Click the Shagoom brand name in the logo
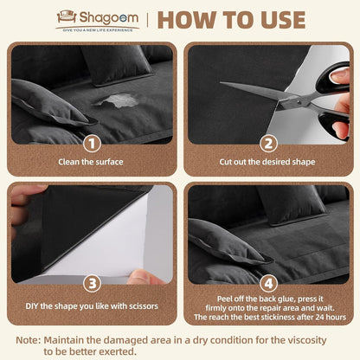click(107, 16)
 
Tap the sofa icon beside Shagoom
click(66, 16)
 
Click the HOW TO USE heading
click(231, 19)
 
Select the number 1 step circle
click(91, 144)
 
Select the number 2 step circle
click(269, 144)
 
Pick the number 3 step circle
click(91, 281)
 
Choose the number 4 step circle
click(269, 281)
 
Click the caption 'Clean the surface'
click(91, 161)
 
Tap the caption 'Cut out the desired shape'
click(269, 161)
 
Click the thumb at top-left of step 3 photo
click(26, 194)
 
